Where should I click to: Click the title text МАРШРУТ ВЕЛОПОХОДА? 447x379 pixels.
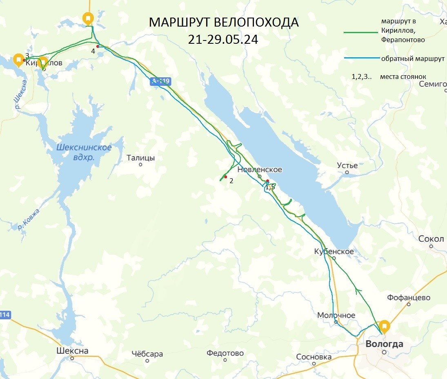(x=224, y=22)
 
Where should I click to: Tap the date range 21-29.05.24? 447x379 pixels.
(x=223, y=40)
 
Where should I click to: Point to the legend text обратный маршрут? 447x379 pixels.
(x=413, y=58)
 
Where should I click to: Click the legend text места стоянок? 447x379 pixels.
(x=403, y=76)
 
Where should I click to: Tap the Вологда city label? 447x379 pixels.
(x=384, y=344)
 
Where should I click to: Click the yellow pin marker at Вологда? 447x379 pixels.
(x=384, y=326)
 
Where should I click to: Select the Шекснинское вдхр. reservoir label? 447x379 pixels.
(x=84, y=152)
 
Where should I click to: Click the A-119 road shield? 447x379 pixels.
(x=160, y=81)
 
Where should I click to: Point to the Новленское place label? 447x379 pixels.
(x=260, y=169)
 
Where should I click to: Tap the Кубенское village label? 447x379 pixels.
(x=334, y=251)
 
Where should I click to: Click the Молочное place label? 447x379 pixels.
(x=336, y=315)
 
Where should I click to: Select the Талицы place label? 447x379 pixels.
(x=140, y=158)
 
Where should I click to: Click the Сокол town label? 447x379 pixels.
(x=431, y=239)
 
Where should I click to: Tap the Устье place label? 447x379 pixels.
(x=347, y=166)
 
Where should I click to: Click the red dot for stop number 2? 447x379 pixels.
(x=225, y=177)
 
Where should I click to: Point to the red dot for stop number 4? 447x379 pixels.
(x=98, y=46)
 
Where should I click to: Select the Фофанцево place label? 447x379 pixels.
(x=408, y=298)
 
